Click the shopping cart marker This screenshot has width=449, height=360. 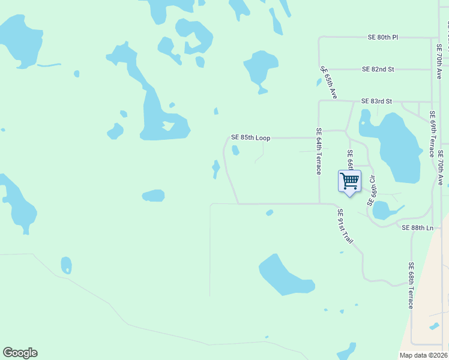349,181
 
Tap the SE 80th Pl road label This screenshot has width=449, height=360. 383,37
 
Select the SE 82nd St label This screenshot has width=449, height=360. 378,69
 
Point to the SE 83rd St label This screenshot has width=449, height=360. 376,101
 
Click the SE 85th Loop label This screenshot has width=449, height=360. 251,137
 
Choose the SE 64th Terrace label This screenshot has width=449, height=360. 319,151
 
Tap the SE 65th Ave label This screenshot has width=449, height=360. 329,82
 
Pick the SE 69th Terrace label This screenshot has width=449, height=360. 432,133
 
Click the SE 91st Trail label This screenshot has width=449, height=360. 345,226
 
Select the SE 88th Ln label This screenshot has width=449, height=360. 417,228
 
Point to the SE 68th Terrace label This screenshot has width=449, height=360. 411,285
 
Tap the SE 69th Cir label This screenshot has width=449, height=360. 372,191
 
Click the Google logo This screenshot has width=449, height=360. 20,353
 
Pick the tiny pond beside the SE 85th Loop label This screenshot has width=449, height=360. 236,150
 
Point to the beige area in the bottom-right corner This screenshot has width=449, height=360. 429,300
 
